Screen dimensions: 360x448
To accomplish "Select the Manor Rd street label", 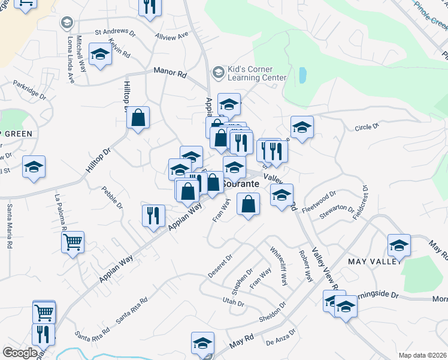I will [170, 72].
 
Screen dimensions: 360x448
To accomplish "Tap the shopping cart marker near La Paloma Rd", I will [73, 243].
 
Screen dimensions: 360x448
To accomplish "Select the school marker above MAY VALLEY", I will [399, 245].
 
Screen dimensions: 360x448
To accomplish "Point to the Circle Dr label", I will [367, 127].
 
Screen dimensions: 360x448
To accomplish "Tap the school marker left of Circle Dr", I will [302, 127].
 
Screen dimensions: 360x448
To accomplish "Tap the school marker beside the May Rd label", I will [202, 344].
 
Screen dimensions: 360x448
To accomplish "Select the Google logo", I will [20, 353].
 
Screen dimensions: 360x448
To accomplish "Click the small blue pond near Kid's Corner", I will [302, 75].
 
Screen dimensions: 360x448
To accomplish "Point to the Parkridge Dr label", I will [29, 89].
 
